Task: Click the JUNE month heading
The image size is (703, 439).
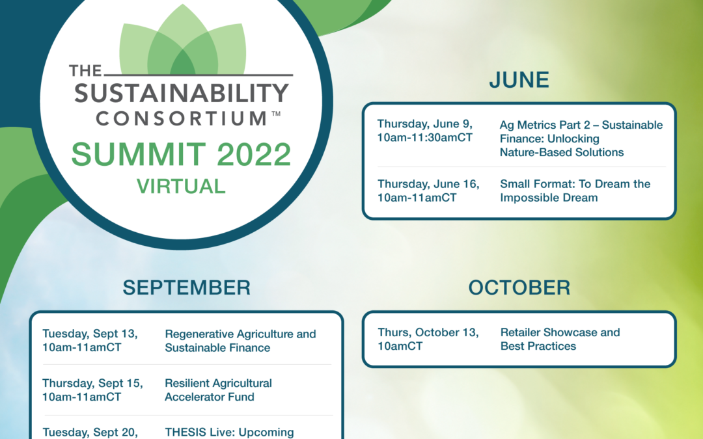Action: pos(519,80)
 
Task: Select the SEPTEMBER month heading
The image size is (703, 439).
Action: pos(187,287)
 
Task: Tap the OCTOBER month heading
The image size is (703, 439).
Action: pos(519,287)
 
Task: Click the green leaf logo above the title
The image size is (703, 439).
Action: pos(182,40)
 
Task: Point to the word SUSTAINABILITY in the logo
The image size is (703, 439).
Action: pos(182,93)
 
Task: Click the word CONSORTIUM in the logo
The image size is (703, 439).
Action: pos(182,119)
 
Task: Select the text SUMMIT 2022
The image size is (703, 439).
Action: pos(182,154)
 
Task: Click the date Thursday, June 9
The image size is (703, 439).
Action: pos(425,124)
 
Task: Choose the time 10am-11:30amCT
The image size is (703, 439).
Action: pos(425,137)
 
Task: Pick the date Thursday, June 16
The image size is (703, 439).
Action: pos(428,183)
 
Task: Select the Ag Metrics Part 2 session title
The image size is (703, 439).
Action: pos(581,139)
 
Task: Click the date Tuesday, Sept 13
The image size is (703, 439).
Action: pos(90,334)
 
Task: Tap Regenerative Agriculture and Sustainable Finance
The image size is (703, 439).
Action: pos(240,341)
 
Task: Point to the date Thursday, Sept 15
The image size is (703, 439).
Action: pos(93,384)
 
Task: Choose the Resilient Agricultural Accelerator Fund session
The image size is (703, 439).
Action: pos(218,390)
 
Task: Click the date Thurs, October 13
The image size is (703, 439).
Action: pos(428,332)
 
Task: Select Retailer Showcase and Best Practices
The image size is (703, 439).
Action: pos(560,339)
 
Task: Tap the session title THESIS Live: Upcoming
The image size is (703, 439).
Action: pos(230,432)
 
